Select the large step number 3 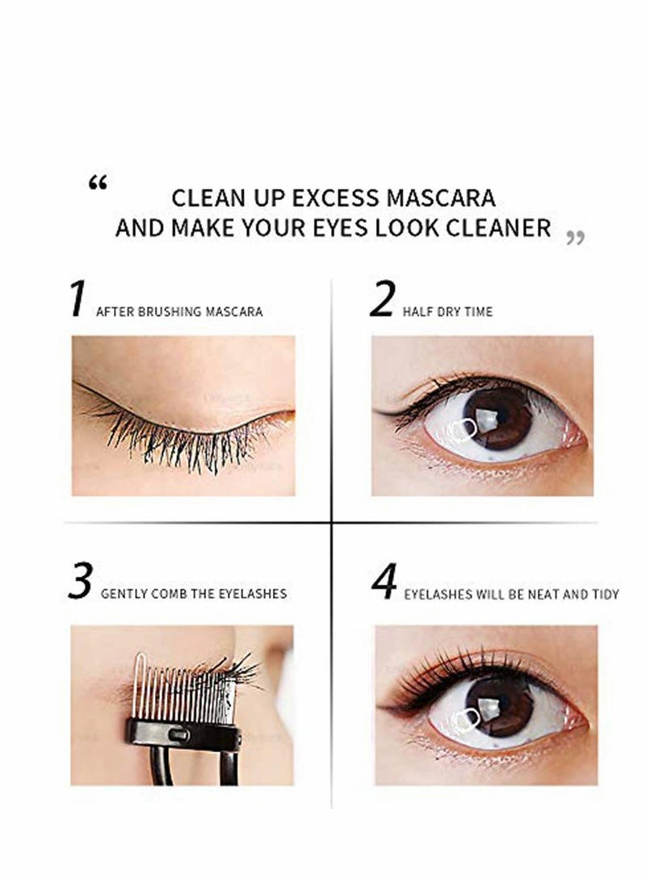pyautogui.click(x=79, y=583)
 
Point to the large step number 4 pyautogui.click(x=384, y=583)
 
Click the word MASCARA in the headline pyautogui.click(x=447, y=198)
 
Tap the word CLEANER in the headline pyautogui.click(x=500, y=227)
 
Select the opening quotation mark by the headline pyautogui.click(x=98, y=185)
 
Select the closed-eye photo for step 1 pyautogui.click(x=183, y=415)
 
